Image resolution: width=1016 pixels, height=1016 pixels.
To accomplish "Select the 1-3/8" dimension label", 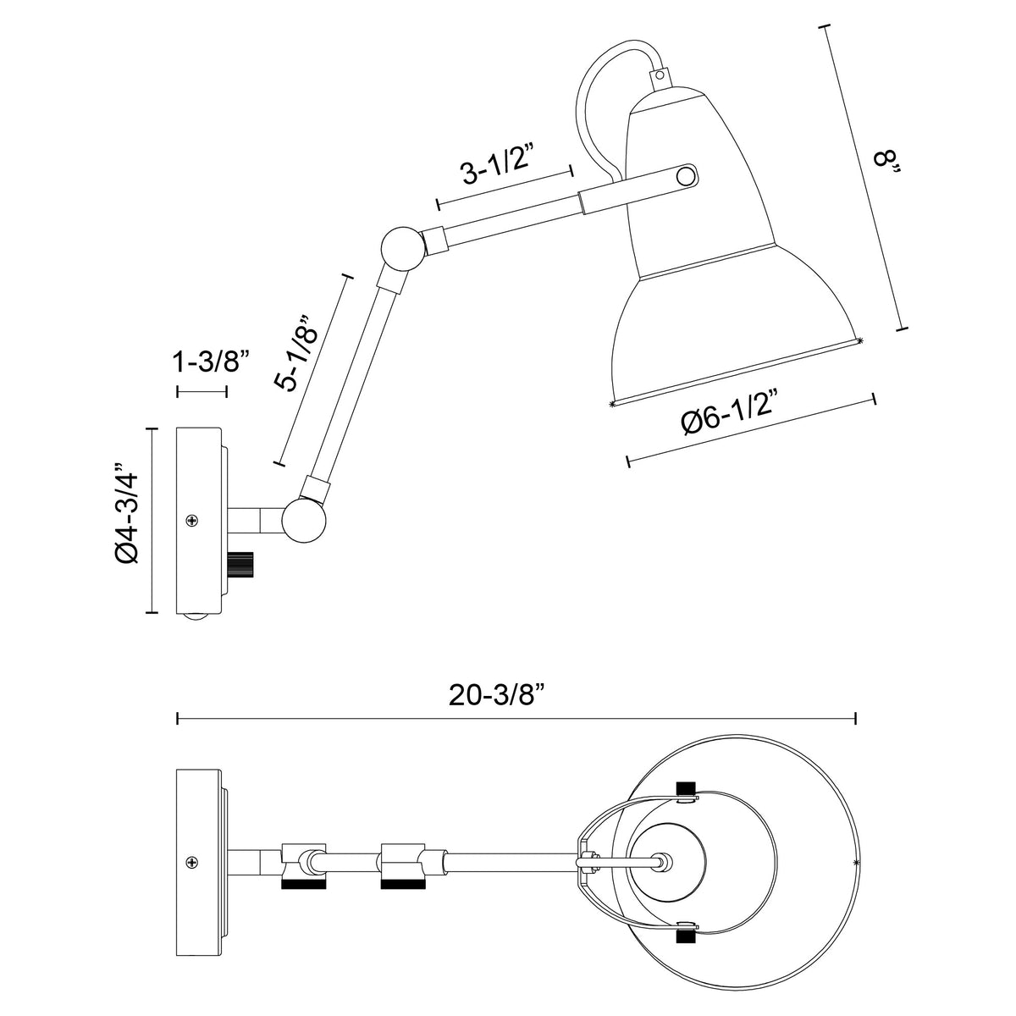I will (x=210, y=363).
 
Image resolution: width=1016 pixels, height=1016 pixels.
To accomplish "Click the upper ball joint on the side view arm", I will (x=399, y=248).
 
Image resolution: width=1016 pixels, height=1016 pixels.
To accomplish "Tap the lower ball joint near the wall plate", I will (x=303, y=520).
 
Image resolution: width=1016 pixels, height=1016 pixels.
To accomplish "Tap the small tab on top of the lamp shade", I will (x=660, y=76).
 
